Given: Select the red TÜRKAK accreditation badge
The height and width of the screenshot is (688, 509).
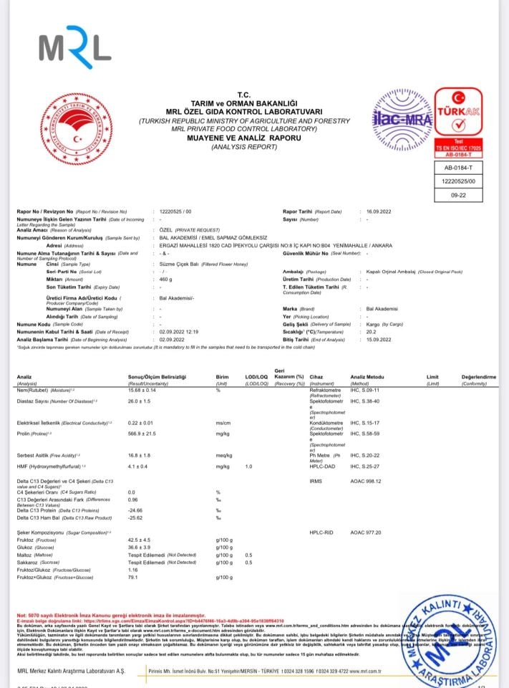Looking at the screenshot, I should pos(459,119).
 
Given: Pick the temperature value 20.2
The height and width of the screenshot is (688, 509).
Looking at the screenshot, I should pos(370,332).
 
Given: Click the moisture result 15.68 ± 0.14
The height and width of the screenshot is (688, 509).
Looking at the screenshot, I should pos(146,390).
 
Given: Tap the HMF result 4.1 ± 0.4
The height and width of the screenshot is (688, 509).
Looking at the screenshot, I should pos(140,467).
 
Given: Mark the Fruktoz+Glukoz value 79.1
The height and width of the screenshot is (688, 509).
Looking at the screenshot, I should pos(132,577).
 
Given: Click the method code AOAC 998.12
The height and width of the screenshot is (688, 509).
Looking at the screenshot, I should pos(366,482).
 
